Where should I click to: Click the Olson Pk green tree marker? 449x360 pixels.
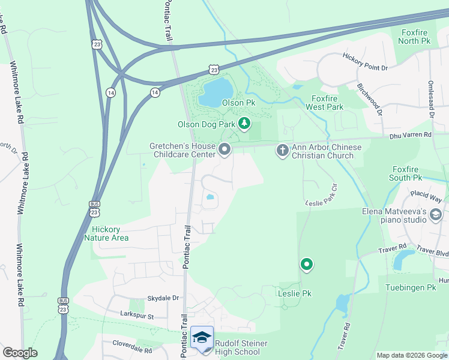click(x=244, y=124)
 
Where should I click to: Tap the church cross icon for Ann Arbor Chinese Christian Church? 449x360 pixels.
click(x=283, y=150)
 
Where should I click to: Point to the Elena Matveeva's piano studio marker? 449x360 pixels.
click(x=436, y=214)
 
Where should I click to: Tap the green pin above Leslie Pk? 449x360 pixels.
click(x=307, y=264)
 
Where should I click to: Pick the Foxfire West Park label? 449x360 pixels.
click(x=324, y=103)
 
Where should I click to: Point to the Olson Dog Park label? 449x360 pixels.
click(x=205, y=124)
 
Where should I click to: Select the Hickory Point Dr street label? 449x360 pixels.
click(x=365, y=62)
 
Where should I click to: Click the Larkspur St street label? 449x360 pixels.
click(x=138, y=316)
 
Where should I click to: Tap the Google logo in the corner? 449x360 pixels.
click(x=20, y=353)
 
